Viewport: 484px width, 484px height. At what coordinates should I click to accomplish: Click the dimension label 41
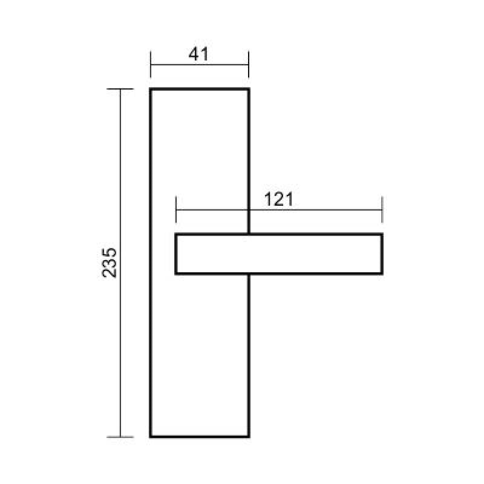[198, 54]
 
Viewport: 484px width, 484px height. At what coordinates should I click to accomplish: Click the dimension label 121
[279, 200]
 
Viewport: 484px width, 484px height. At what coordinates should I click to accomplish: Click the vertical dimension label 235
[110, 263]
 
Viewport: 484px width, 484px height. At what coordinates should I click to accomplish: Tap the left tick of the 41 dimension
[151, 64]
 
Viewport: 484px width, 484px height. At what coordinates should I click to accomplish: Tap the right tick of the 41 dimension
[249, 64]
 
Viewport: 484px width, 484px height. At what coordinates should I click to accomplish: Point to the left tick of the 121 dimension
[176, 209]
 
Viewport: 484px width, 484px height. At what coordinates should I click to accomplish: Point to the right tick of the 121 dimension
[382, 209]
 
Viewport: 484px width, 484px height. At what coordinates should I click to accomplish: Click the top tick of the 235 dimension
[120, 89]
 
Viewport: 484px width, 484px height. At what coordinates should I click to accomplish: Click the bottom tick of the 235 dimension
[120, 437]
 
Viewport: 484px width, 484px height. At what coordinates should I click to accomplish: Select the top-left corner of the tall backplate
[150, 89]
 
